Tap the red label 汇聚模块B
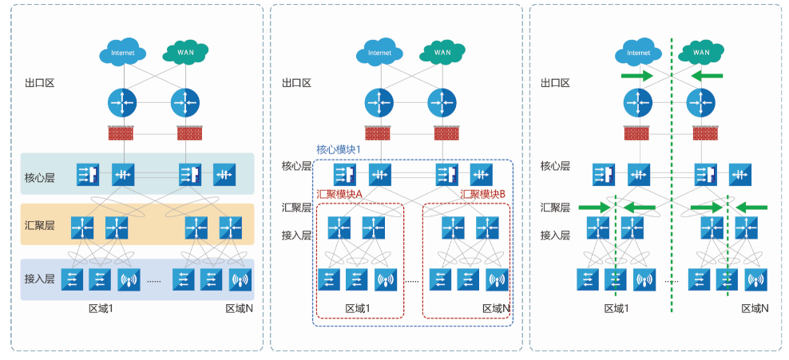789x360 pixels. pyautogui.click(x=483, y=194)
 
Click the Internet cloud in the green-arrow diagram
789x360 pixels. pyautogui.click(x=638, y=53)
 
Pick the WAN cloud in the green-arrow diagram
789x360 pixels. pyautogui.click(x=700, y=53)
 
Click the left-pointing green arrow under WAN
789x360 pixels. pyautogui.click(x=707, y=76)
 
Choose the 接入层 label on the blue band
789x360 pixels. pyautogui.click(x=39, y=279)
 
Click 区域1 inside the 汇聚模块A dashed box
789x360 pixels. pyautogui.click(x=357, y=308)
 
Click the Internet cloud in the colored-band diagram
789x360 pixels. pyautogui.click(x=122, y=53)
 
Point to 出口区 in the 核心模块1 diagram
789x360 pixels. pyautogui.click(x=296, y=83)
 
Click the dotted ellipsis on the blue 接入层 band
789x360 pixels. pyautogui.click(x=155, y=281)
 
